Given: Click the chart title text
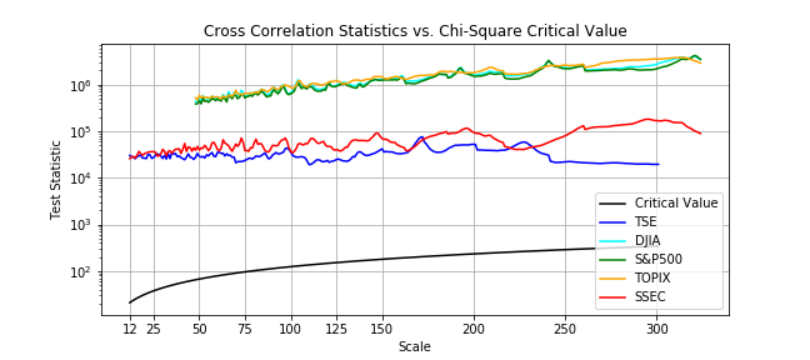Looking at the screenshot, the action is click(x=415, y=31).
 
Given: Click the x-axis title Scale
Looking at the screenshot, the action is click(x=414, y=346).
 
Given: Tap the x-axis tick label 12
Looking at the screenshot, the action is click(x=130, y=327).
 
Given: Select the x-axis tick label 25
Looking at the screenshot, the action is click(x=153, y=327).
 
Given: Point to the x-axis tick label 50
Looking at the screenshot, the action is click(x=199, y=327).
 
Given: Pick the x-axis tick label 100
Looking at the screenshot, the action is click(x=292, y=327).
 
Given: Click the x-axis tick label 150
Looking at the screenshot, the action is click(x=383, y=327).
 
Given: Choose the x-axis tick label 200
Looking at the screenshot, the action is click(x=474, y=327).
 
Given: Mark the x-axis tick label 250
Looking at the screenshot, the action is click(x=565, y=327).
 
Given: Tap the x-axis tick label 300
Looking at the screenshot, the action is click(x=657, y=327).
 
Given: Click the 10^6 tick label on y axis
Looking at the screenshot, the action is click(x=82, y=85).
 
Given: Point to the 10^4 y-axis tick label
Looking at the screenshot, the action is click(x=82, y=178).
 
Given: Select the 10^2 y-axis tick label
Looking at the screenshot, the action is click(x=82, y=271).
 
